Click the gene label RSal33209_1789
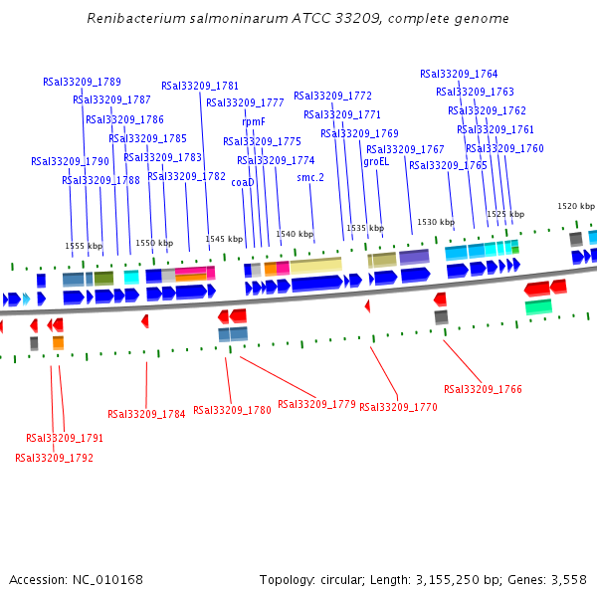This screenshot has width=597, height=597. tap(82, 82)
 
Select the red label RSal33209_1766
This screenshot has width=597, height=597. tap(483, 389)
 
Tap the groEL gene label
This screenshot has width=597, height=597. tap(376, 161)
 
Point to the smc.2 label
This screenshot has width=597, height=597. tap(310, 177)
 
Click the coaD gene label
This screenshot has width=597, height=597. tap(243, 182)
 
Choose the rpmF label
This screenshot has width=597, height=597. tap(254, 122)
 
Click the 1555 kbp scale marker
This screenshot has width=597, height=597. tap(84, 245)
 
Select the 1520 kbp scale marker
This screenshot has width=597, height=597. tap(575, 206)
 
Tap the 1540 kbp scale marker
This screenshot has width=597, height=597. tap(294, 234)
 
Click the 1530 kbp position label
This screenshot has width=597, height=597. tap(435, 222)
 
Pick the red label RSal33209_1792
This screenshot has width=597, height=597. tap(54, 458)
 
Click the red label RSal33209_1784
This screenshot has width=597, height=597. tap(146, 414)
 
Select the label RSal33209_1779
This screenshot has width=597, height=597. tap(316, 404)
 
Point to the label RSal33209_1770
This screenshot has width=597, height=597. tap(398, 407)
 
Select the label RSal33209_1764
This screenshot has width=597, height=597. tap(459, 74)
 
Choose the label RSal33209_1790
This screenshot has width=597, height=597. tap(70, 160)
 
